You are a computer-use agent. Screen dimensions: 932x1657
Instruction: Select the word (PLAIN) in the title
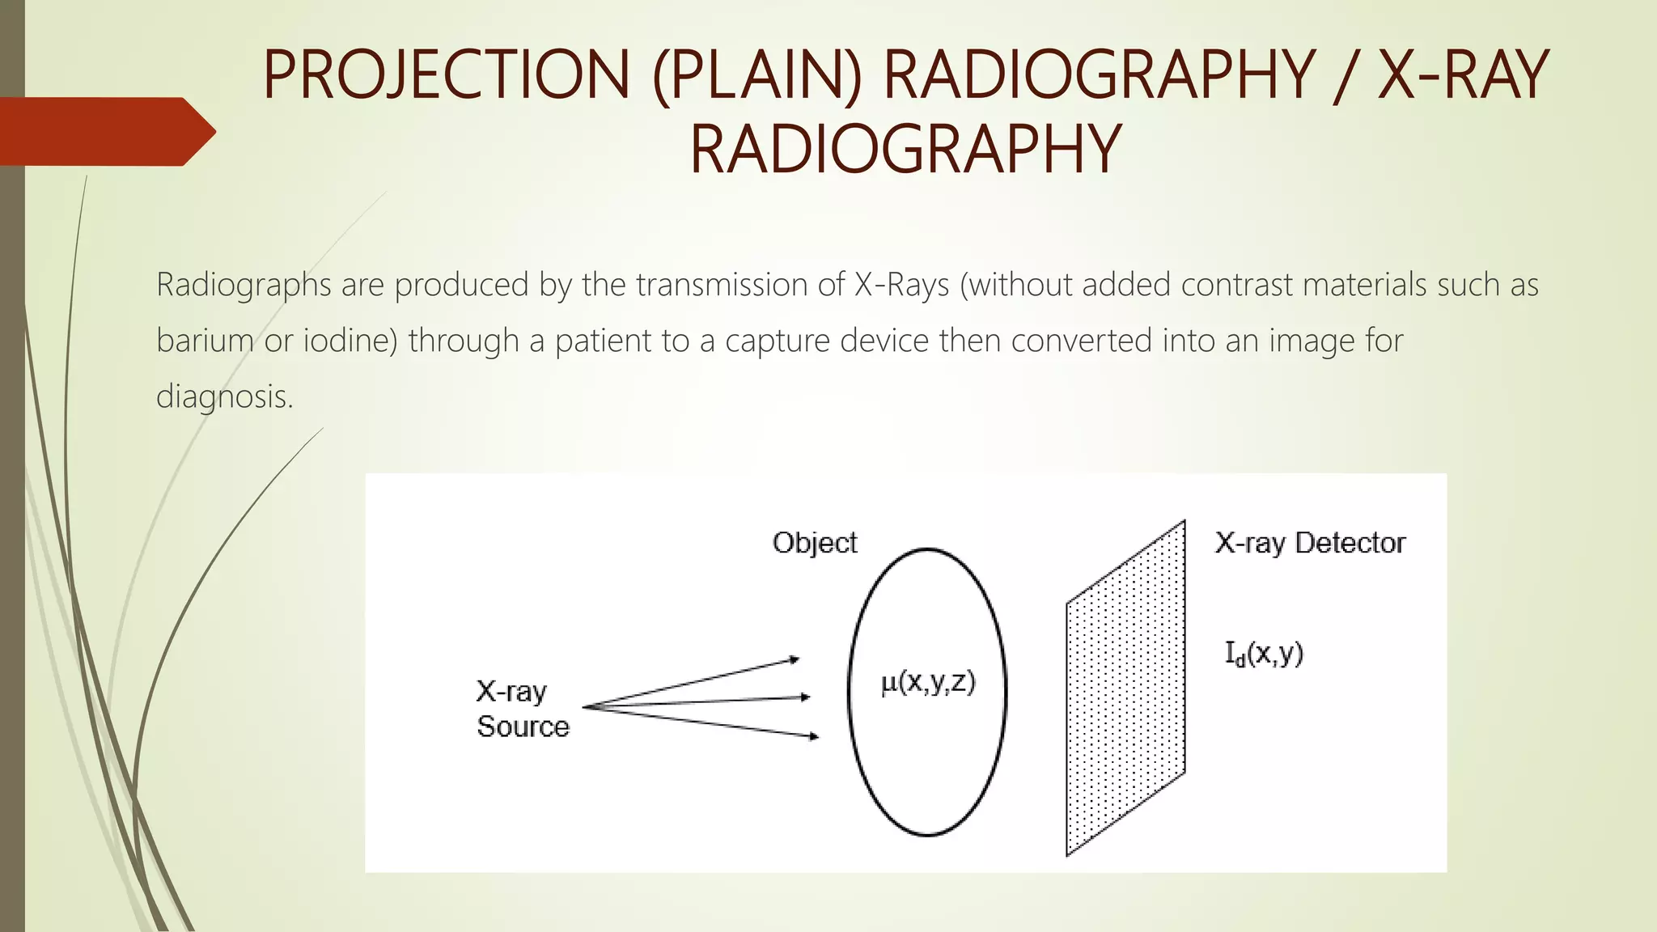pyautogui.click(x=756, y=74)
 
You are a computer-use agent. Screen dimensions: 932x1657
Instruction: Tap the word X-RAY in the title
pyautogui.click(x=1463, y=74)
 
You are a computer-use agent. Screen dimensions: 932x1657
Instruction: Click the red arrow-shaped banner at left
pyautogui.click(x=105, y=131)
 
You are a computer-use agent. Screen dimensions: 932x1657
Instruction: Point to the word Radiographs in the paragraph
pyautogui.click(x=244, y=285)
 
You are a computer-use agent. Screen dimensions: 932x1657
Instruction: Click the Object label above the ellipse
pyautogui.click(x=815, y=543)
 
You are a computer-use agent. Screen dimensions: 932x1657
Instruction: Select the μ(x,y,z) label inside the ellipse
pyautogui.click(x=928, y=683)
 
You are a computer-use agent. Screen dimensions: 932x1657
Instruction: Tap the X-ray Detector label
pyautogui.click(x=1310, y=543)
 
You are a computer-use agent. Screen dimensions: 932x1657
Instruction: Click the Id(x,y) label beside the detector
pyautogui.click(x=1265, y=654)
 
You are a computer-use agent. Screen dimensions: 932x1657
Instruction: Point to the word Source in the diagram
pyautogui.click(x=523, y=727)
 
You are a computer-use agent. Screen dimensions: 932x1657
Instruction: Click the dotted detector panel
pyautogui.click(x=1125, y=688)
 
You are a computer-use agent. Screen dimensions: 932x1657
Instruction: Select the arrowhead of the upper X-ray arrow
pyautogui.click(x=795, y=660)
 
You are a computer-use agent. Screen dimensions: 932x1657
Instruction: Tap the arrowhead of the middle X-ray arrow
pyautogui.click(x=805, y=697)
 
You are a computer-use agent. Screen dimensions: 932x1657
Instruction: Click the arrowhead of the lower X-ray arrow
pyautogui.click(x=814, y=736)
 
